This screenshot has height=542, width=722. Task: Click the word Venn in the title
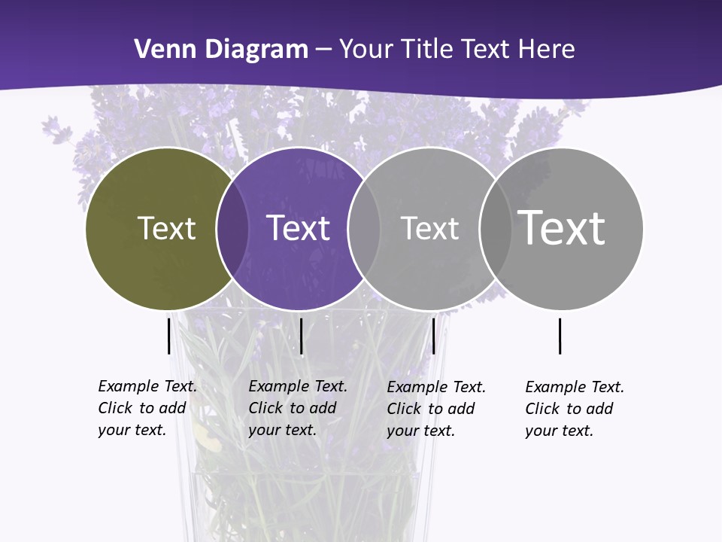point(162,50)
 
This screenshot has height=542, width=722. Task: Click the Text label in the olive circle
point(166,228)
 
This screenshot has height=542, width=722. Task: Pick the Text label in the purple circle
point(298,228)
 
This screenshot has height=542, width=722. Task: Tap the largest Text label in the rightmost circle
point(561,227)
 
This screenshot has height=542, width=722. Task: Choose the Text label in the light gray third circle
point(429,228)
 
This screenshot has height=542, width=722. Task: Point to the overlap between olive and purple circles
point(232,229)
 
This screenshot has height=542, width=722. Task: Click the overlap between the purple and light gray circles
point(363,229)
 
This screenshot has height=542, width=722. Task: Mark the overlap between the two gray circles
point(495,229)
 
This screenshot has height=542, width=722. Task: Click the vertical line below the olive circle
point(168,336)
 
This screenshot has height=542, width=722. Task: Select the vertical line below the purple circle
point(301,336)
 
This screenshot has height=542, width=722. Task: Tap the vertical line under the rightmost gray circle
point(560,336)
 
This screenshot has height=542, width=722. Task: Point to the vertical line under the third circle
point(433,336)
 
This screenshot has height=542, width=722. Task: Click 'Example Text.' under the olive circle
point(147,386)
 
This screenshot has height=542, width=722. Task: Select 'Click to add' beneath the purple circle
point(292,408)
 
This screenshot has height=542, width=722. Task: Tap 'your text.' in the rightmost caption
point(559,431)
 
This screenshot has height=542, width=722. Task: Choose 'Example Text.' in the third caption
point(436,387)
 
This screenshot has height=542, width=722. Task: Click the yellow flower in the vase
point(210,440)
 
